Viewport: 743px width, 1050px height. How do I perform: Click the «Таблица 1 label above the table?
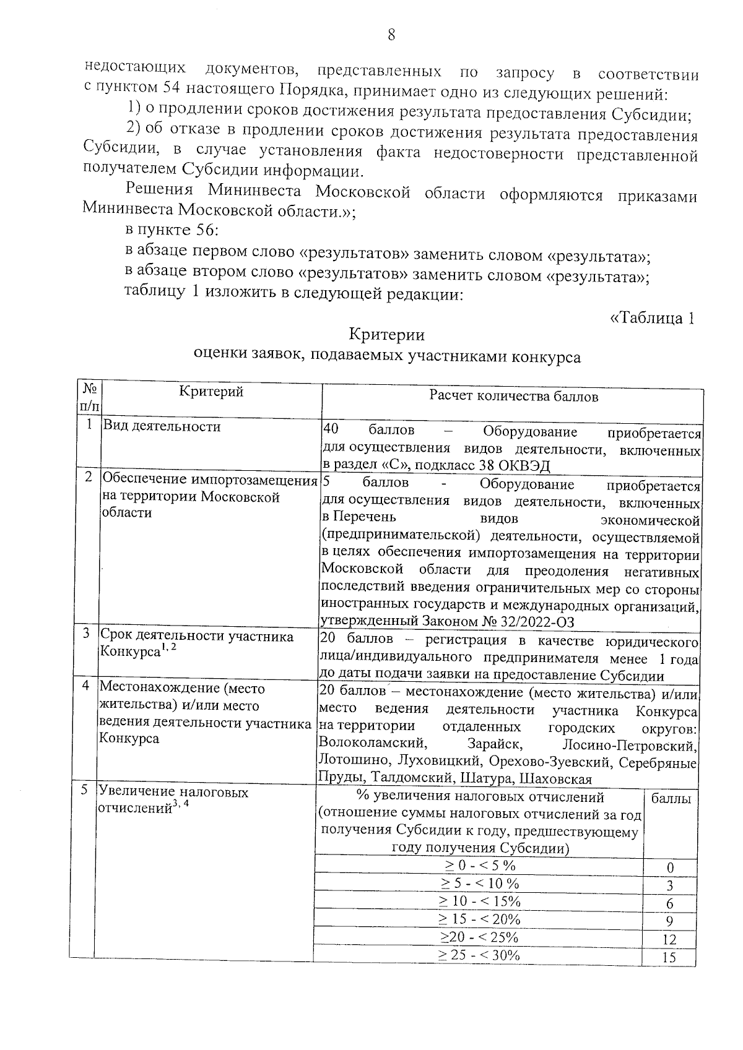click(x=651, y=318)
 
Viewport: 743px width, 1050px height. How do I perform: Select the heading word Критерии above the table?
click(x=387, y=335)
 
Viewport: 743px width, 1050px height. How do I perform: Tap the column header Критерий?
click(x=211, y=391)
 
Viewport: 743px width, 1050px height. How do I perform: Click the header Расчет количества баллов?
click(x=513, y=397)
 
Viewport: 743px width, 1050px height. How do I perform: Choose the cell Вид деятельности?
click(x=162, y=426)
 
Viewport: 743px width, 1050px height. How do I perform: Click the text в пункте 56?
click(x=170, y=230)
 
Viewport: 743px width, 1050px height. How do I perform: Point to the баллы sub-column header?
click(x=671, y=799)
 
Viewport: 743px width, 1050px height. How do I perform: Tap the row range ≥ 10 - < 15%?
click(x=479, y=901)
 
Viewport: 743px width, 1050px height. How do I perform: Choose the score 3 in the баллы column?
click(x=669, y=886)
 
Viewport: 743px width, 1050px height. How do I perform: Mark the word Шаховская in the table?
click(x=557, y=778)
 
